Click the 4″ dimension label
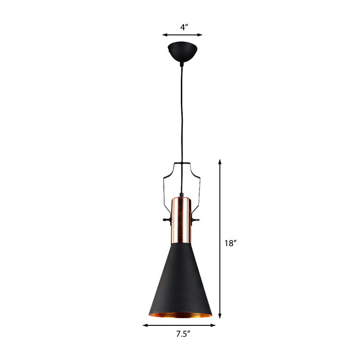(x=184, y=27)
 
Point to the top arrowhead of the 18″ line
(x=220, y=161)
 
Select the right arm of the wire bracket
(x=198, y=189)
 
